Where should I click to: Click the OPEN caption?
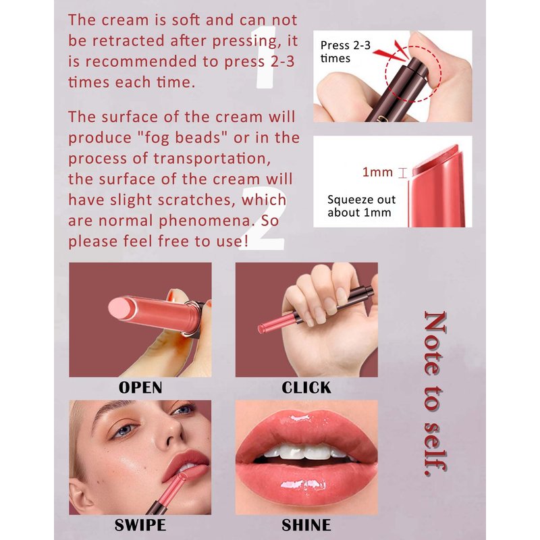tap(140, 387)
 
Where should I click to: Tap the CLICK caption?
tap(306, 387)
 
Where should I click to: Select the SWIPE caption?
tap(140, 525)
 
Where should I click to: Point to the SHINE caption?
tap(306, 525)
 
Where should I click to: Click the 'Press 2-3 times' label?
tap(345, 52)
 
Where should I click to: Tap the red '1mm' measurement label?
tap(377, 172)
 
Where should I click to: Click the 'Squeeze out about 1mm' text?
tap(361, 206)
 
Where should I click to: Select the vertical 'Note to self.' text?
tap(435, 394)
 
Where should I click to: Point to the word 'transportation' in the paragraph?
tap(212, 159)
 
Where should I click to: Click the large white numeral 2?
tap(263, 218)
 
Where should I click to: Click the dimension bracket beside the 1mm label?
tap(402, 173)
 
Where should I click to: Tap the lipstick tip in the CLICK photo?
tap(261, 329)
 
